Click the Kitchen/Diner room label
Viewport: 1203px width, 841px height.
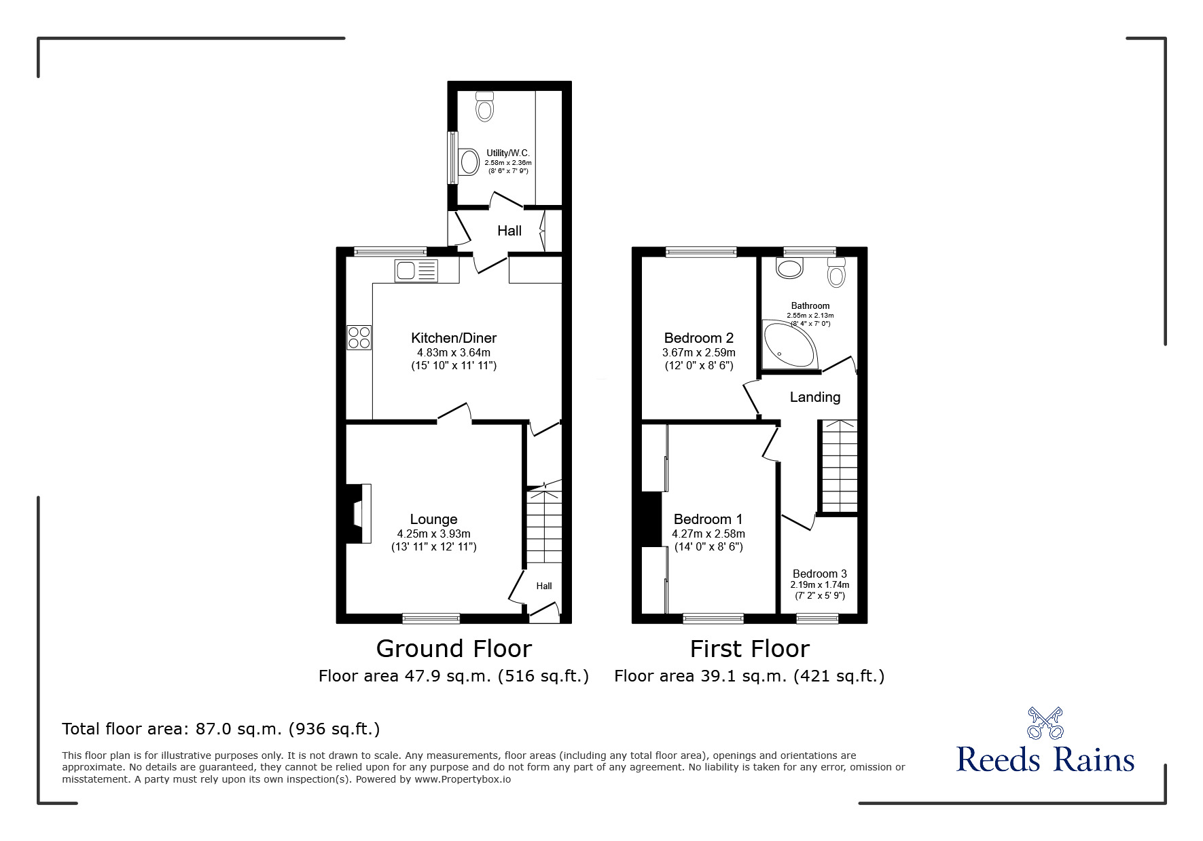coord(454,338)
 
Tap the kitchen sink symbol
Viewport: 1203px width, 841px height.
coord(416,271)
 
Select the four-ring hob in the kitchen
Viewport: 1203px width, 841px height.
coord(359,337)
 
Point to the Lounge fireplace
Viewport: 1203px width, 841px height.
coord(359,513)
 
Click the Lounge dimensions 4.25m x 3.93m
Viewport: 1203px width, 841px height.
coord(433,534)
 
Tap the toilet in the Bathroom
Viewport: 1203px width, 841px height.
coord(836,272)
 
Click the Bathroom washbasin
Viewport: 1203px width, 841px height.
coord(790,267)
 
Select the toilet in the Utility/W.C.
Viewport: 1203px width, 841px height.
coord(484,106)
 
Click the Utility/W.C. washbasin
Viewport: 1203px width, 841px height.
coord(469,162)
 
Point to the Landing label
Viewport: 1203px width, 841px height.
coord(815,397)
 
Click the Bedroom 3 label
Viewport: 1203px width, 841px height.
coord(820,574)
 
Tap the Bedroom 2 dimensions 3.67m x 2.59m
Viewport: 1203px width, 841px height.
coord(699,352)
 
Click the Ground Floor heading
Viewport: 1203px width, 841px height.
coord(454,649)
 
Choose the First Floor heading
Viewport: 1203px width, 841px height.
coord(750,649)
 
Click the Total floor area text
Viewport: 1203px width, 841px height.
coord(221,729)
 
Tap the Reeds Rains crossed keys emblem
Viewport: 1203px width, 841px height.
coord(1045,723)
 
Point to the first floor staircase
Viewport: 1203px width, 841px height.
coord(840,466)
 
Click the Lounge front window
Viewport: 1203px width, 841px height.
coord(431,618)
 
